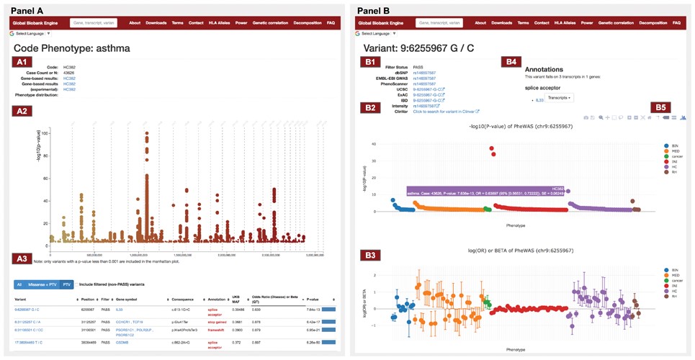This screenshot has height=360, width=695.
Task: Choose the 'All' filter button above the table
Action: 19,284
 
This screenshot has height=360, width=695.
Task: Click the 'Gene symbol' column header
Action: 130,299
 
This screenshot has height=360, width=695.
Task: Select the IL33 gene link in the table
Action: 120,310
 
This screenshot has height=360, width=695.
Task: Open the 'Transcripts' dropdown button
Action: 559,96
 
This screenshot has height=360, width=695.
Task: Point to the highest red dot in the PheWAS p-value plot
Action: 492,149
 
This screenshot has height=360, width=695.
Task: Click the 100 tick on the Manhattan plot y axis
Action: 45,133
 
